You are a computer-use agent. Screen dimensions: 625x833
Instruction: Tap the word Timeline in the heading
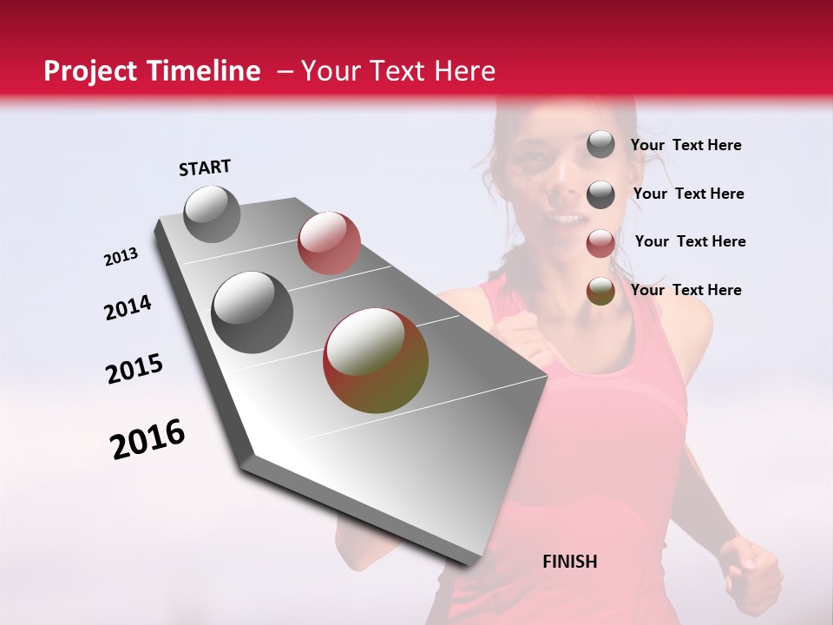pos(205,71)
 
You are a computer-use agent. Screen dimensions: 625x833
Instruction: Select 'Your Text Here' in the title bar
pos(397,71)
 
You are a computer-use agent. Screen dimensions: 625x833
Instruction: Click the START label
pos(205,168)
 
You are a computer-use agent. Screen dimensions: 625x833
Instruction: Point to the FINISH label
pos(569,562)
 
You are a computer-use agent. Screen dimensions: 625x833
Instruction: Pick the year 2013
pos(121,257)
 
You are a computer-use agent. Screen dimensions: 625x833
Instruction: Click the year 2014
pos(128,307)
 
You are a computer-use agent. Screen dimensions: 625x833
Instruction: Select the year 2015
pos(134,369)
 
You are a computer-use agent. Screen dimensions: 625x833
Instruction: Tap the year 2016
pos(148,439)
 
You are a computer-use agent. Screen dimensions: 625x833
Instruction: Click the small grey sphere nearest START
pos(212,214)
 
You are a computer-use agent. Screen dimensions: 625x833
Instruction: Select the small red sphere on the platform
pos(329,243)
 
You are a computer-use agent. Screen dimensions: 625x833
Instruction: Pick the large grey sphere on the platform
pos(253,312)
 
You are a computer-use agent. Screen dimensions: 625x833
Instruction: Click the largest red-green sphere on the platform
pos(376,359)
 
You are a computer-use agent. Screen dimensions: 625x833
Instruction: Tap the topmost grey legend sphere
pos(600,145)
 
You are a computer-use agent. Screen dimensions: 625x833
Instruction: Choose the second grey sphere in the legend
pos(600,194)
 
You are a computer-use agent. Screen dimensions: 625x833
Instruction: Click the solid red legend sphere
pos(600,243)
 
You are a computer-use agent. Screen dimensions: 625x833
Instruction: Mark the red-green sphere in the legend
pos(600,291)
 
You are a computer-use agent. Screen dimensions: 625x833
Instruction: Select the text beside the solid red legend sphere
pos(690,241)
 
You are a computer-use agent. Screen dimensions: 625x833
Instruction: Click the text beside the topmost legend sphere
pos(685,145)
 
